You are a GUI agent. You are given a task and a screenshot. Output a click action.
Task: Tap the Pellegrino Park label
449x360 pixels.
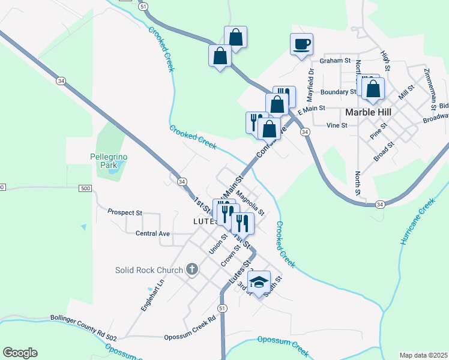(x=109, y=160)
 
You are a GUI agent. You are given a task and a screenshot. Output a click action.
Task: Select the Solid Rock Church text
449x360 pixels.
(x=149, y=270)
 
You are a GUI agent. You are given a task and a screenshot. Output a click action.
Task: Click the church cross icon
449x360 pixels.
(x=192, y=269)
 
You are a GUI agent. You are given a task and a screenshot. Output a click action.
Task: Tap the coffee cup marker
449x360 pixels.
(x=301, y=43)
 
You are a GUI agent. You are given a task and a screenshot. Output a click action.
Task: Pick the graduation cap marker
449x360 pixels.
(x=259, y=281)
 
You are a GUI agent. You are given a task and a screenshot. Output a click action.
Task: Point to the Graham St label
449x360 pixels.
(x=335, y=61)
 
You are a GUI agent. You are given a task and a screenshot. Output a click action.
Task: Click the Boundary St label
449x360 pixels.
(x=338, y=92)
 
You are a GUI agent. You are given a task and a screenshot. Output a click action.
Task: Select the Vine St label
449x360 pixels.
(x=337, y=125)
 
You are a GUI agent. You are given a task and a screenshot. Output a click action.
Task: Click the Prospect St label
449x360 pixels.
(x=125, y=212)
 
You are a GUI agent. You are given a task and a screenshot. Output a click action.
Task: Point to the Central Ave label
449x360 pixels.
(x=153, y=233)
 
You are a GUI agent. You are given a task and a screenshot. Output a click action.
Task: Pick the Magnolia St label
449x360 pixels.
(x=249, y=203)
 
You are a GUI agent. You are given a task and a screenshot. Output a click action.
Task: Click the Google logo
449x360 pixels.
(x=20, y=353)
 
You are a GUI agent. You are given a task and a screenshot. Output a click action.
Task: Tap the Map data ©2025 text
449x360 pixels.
(x=423, y=355)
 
